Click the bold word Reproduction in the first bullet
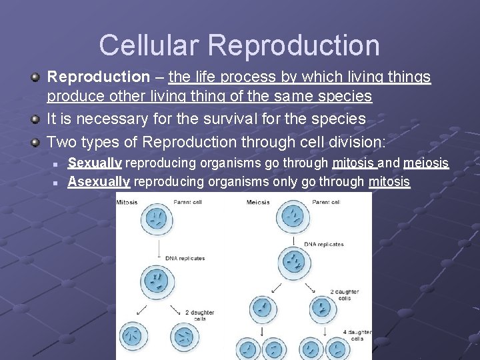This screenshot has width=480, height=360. [x=98, y=77]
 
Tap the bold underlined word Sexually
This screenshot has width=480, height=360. [x=95, y=163]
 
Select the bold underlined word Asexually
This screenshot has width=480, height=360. [x=99, y=181]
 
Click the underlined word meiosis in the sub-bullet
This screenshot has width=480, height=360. [x=425, y=163]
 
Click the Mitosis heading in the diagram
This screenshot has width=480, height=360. [x=127, y=202]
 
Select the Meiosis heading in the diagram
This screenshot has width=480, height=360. [x=258, y=202]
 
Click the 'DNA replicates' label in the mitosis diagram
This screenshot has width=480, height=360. [x=185, y=258]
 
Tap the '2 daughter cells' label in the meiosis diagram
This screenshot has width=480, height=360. [x=345, y=295]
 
